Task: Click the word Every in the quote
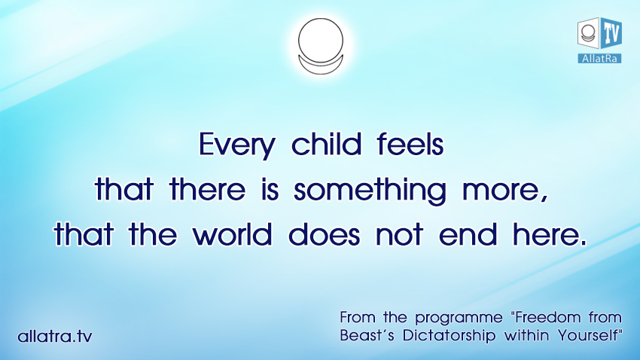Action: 237,145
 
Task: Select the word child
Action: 327,144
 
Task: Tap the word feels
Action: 410,144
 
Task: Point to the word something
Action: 370,191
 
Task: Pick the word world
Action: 232,234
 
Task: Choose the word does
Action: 324,234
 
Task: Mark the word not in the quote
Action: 399,235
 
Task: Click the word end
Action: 468,234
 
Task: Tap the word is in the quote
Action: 270,189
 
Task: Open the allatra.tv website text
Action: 55,337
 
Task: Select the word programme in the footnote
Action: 459,319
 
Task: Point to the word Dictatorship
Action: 449,335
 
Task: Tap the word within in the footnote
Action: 526,335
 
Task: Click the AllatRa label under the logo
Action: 599,58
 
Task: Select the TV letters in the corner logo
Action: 611,33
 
